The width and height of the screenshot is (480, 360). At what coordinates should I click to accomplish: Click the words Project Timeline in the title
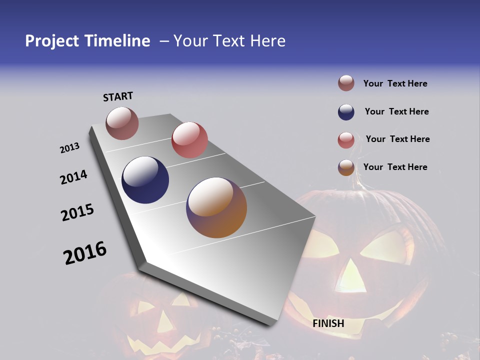pos(87,41)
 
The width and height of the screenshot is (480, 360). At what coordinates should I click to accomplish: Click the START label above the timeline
pos(118,96)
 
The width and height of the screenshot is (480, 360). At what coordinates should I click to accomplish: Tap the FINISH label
pos(328,323)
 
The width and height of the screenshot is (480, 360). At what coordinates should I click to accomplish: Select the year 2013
pos(69,148)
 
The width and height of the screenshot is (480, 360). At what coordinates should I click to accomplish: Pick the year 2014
pos(73,177)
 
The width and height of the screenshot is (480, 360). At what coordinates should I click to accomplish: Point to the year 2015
pos(77,212)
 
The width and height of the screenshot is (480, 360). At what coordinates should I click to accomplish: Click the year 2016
pos(85,253)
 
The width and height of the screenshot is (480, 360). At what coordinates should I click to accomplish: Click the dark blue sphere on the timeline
pos(145,180)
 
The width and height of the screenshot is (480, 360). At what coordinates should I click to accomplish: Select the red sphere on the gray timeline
pos(189,140)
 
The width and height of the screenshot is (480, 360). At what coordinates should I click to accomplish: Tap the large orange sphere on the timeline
pos(216,207)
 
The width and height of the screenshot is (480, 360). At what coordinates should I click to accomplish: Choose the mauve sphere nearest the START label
pos(122,123)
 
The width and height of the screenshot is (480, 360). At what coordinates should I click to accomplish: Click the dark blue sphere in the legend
pos(346,112)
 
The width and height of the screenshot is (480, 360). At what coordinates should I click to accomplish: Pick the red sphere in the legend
pos(346,140)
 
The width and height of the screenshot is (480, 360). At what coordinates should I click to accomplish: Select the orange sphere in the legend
pos(346,167)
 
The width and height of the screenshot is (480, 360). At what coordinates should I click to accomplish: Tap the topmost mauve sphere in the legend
pos(346,83)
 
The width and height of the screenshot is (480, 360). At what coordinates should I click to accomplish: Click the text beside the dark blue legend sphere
pos(396,111)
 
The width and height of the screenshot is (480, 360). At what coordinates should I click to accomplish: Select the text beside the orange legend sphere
pos(395,167)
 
